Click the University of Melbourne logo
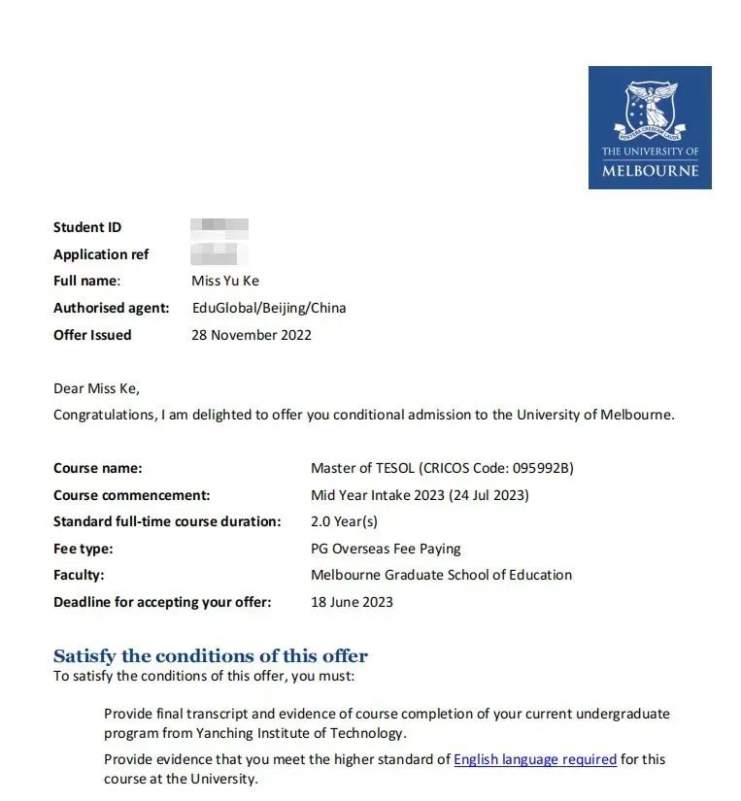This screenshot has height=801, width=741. [650, 127]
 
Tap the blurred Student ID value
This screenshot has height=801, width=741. [219, 227]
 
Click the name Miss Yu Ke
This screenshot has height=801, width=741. [225, 281]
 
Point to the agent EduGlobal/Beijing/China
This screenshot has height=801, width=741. [269, 308]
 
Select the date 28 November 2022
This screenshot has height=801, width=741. [252, 335]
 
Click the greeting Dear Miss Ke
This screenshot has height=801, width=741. [96, 388]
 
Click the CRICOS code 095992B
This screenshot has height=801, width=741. [539, 468]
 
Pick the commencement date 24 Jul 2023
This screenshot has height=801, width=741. [489, 495]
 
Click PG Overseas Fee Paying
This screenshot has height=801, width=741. [386, 549]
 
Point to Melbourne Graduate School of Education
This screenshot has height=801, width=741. [441, 575]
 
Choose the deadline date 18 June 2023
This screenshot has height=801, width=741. [352, 602]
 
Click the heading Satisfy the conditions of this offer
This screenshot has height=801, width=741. [211, 655]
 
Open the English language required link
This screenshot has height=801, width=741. [535, 759]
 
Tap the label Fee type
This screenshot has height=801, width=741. [84, 549]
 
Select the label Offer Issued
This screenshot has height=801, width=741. [92, 335]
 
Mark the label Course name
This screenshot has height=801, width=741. [97, 468]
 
